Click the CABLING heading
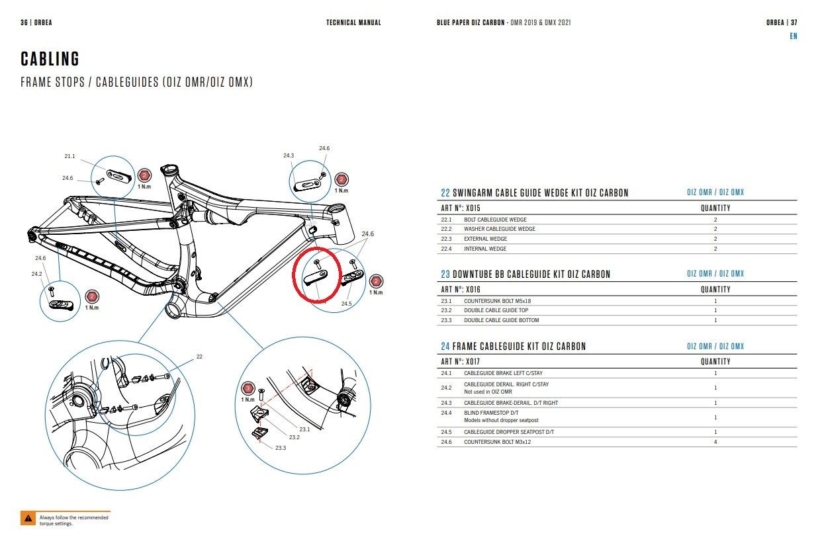click(x=50, y=59)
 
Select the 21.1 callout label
click(x=69, y=156)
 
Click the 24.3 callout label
click(x=289, y=155)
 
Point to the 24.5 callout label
click(x=346, y=304)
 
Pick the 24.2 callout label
click(x=36, y=274)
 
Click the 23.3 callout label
click(x=280, y=448)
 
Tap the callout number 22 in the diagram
click(x=199, y=357)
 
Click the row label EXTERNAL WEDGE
click(x=485, y=239)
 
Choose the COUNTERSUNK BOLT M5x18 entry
click(x=497, y=301)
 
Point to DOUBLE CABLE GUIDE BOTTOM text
click(x=501, y=320)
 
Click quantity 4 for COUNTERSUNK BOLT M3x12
click(x=715, y=442)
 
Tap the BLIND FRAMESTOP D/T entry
click(x=489, y=413)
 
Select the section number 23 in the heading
click(x=445, y=274)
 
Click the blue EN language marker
click(x=793, y=36)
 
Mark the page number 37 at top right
click(x=794, y=22)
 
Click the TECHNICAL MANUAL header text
click(x=353, y=22)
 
